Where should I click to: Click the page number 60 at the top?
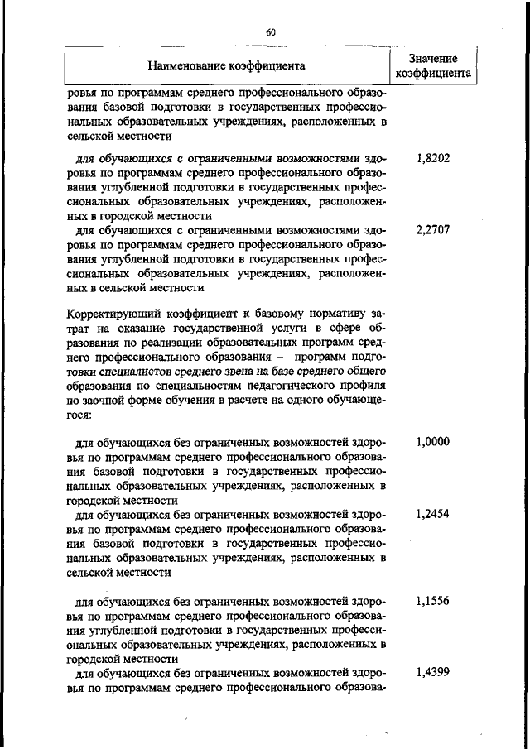[270, 31]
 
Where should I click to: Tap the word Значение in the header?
[433, 57]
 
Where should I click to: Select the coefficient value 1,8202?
[433, 157]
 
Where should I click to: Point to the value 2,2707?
[433, 230]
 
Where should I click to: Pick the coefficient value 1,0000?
[433, 442]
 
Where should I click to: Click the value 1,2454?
[433, 514]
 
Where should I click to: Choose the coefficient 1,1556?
[433, 601]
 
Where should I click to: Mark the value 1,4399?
[433, 673]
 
